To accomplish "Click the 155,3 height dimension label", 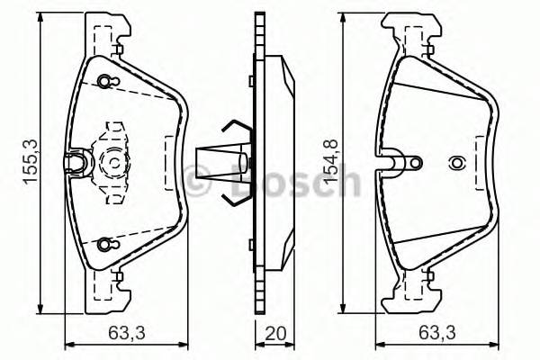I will click(x=30, y=155).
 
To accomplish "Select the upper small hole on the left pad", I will click(x=107, y=83).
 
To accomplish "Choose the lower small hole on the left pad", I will click(x=107, y=244).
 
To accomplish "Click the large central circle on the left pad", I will click(x=114, y=164).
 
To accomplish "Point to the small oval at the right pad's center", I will click(x=456, y=164).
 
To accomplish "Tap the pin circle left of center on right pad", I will click(x=414, y=162).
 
